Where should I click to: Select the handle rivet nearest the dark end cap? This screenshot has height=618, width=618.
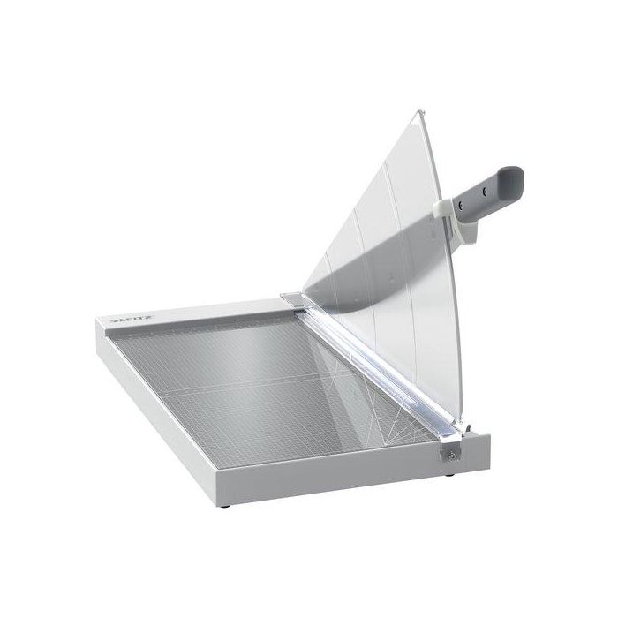point(485,192)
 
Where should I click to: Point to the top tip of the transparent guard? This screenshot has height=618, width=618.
point(420,110)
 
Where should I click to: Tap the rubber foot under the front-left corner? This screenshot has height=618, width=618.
point(225,506)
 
